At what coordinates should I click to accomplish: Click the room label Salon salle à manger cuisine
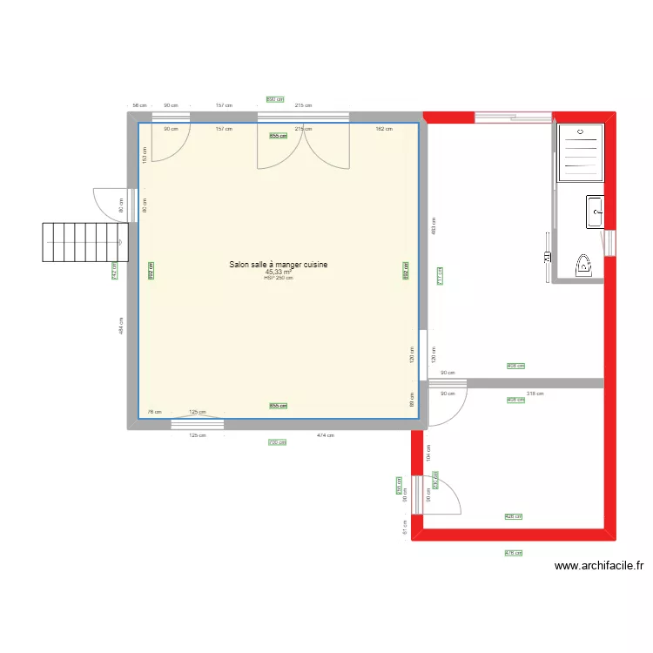pos(279,265)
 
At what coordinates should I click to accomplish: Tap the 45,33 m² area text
pos(279,272)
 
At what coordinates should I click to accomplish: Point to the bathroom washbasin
pos(596,212)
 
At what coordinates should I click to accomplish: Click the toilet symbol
pos(585,265)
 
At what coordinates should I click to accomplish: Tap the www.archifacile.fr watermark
pos(599,566)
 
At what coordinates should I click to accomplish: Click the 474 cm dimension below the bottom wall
pos(325,435)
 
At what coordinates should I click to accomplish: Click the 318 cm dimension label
pos(535,394)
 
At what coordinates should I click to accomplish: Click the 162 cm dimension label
pos(383,130)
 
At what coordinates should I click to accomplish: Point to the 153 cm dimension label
pos(145,153)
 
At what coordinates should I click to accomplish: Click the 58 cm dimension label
pos(139,105)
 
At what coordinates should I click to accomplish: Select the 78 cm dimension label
pos(155,412)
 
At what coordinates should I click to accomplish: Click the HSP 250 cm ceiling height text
pos(279,278)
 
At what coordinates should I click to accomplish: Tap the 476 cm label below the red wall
pos(513,553)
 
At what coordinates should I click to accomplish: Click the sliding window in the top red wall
pos(512,115)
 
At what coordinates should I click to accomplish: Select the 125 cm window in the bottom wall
pos(197,424)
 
